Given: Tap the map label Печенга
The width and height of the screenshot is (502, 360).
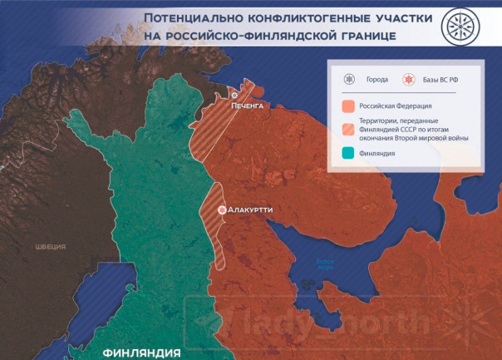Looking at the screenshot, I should tap(247, 107).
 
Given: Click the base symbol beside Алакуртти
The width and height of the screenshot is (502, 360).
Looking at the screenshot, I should tap(222, 210).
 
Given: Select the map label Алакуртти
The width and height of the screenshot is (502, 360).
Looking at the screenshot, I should tap(250, 210).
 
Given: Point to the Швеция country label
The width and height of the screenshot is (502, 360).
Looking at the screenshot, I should tap(50, 247).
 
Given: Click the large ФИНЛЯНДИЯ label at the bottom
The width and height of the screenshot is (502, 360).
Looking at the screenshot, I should tap(141, 353).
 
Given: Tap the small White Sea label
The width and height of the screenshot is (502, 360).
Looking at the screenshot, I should tap(325, 264).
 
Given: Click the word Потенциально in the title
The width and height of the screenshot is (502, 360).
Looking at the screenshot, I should tap(190, 17).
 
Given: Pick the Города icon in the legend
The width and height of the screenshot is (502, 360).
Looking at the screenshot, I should tap(349, 80).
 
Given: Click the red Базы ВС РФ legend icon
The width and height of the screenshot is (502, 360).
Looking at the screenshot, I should tap(408, 80).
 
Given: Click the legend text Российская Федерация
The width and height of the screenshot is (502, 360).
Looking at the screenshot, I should tap(396, 106).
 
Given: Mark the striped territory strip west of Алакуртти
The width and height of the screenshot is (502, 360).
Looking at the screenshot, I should tap(210, 233).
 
